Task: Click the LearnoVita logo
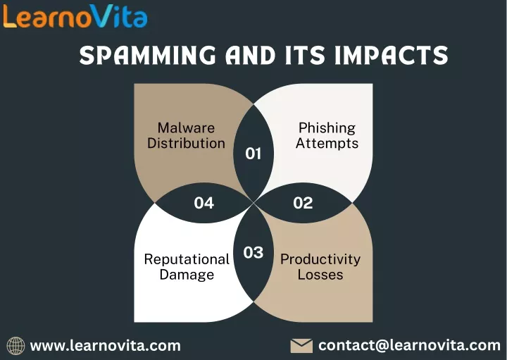[x=75, y=16]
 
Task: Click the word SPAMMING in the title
[x=147, y=55]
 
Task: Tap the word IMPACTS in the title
[x=392, y=55]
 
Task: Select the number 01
[x=254, y=154]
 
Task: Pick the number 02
[x=303, y=203]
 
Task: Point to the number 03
[x=254, y=252]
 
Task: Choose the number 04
[x=204, y=203]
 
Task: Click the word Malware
[x=186, y=128]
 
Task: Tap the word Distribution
[x=186, y=143]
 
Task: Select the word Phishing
[x=327, y=128]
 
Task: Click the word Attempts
[x=327, y=144]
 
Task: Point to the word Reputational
[x=187, y=260]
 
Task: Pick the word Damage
[x=187, y=275]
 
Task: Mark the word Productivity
[x=320, y=260]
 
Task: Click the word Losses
[x=320, y=275]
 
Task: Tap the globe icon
[x=15, y=346]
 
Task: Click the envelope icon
[x=301, y=346]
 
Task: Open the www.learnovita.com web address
[x=106, y=346]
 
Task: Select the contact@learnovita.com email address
[x=409, y=345]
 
